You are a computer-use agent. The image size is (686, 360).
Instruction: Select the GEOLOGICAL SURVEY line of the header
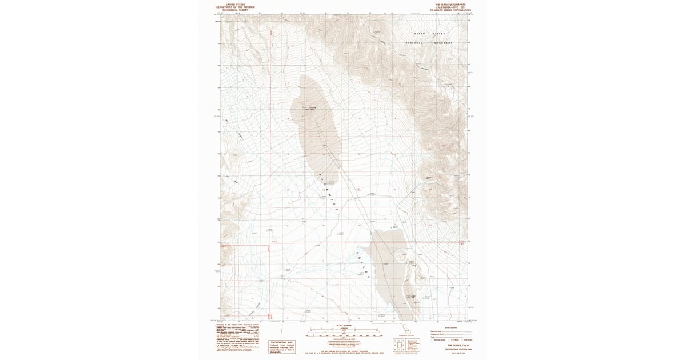point(236,10)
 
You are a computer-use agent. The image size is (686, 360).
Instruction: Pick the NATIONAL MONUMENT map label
point(429,43)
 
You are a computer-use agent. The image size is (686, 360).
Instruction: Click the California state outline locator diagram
point(407,329)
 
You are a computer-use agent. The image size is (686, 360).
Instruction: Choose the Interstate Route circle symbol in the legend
point(432,339)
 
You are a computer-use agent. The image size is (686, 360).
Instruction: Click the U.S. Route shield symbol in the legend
point(449,339)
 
